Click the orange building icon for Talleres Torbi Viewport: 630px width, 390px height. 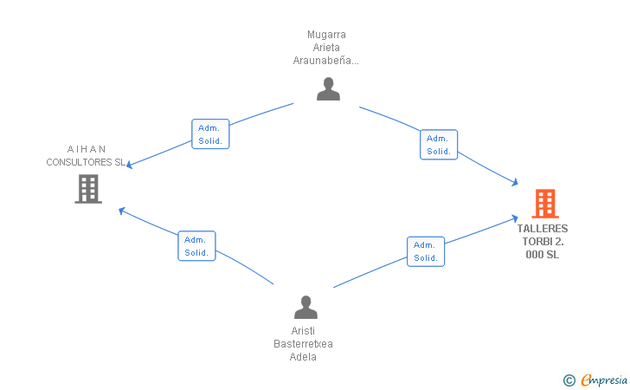click(545, 204)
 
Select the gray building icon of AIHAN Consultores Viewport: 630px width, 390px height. click(88, 189)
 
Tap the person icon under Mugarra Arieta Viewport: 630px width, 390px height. click(328, 89)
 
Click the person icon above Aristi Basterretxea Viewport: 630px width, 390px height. click(305, 307)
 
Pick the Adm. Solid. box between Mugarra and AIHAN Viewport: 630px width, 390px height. click(210, 134)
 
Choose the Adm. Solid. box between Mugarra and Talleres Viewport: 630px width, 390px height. click(439, 145)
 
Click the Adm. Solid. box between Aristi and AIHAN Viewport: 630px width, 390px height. click(197, 246)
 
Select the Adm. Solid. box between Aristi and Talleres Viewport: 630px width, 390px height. click(426, 251)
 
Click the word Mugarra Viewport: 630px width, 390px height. click(326, 35)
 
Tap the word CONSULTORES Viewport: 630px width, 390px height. click(79, 162)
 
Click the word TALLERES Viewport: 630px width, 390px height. click(543, 229)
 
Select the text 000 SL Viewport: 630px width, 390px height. click(543, 254)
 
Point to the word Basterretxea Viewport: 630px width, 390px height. click(303, 344)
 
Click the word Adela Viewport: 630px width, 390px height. click(303, 356)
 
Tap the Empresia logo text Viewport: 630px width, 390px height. click(604, 380)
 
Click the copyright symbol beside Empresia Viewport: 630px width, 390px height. click(569, 380)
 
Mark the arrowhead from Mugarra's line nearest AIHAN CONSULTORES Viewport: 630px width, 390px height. click(130, 164)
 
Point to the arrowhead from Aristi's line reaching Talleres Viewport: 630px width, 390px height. click(514, 218)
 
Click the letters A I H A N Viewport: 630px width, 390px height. click(86, 149)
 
